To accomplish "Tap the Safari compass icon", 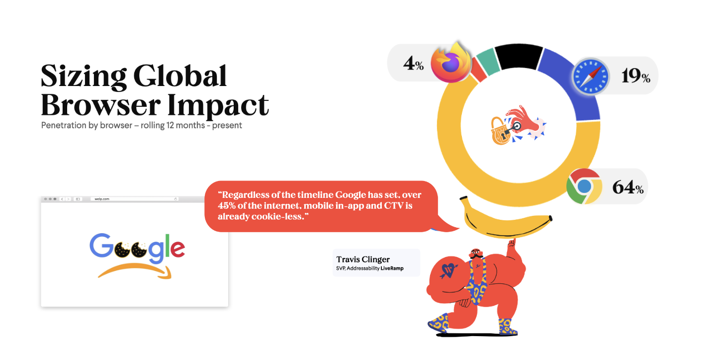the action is coord(591,77).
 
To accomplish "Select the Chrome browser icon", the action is coord(585,186).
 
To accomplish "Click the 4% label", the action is coord(413,63).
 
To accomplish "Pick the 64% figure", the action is coord(628,187).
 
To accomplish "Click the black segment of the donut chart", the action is coord(519,57).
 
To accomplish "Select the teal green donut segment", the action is coord(488,62).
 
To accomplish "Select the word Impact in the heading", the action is coord(218,106).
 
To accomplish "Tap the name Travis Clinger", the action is coord(363,259).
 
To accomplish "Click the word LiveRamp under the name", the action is coord(392,269).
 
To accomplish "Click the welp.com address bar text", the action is coord(101,199).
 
